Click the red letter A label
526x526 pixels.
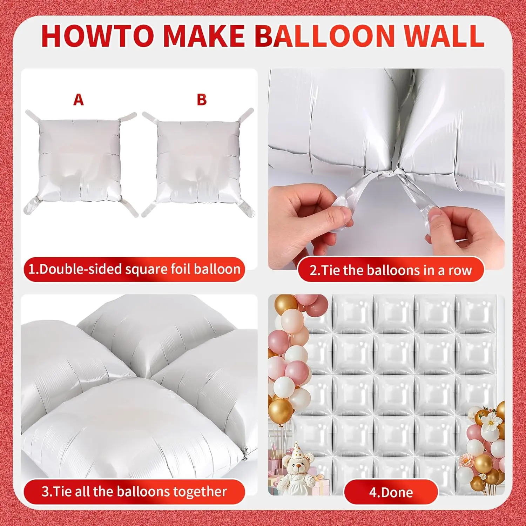tap(79, 100)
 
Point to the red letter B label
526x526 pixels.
tap(202, 100)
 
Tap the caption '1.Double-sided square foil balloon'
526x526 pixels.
tap(134, 269)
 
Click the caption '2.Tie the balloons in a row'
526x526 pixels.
tap(391, 270)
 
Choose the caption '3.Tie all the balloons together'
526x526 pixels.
tap(134, 491)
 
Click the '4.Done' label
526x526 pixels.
tap(391, 492)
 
